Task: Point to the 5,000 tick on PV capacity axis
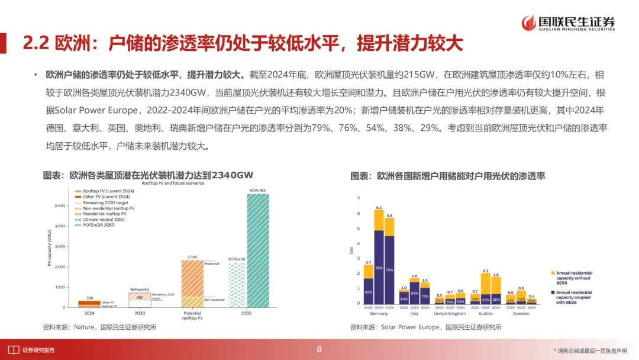(59, 205)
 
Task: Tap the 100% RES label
(257, 190)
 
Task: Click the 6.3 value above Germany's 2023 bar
(379, 208)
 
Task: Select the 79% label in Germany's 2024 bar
(389, 270)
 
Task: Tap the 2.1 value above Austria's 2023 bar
(486, 271)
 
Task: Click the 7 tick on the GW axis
(358, 198)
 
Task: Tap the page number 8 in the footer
(319, 349)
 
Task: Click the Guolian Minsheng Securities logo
(568, 22)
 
